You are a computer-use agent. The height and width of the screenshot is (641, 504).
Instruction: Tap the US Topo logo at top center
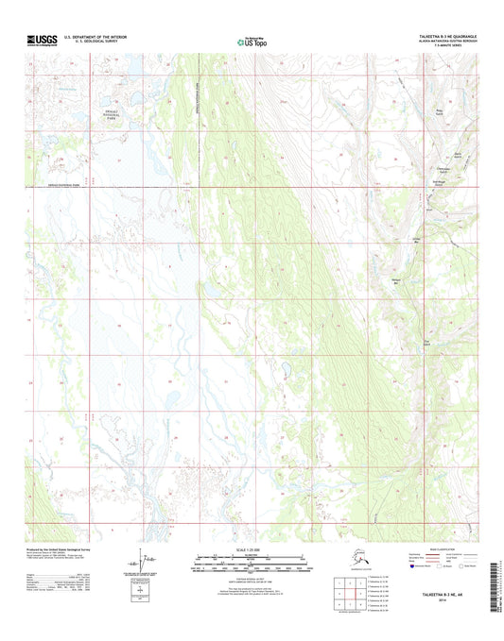coord(251,42)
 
